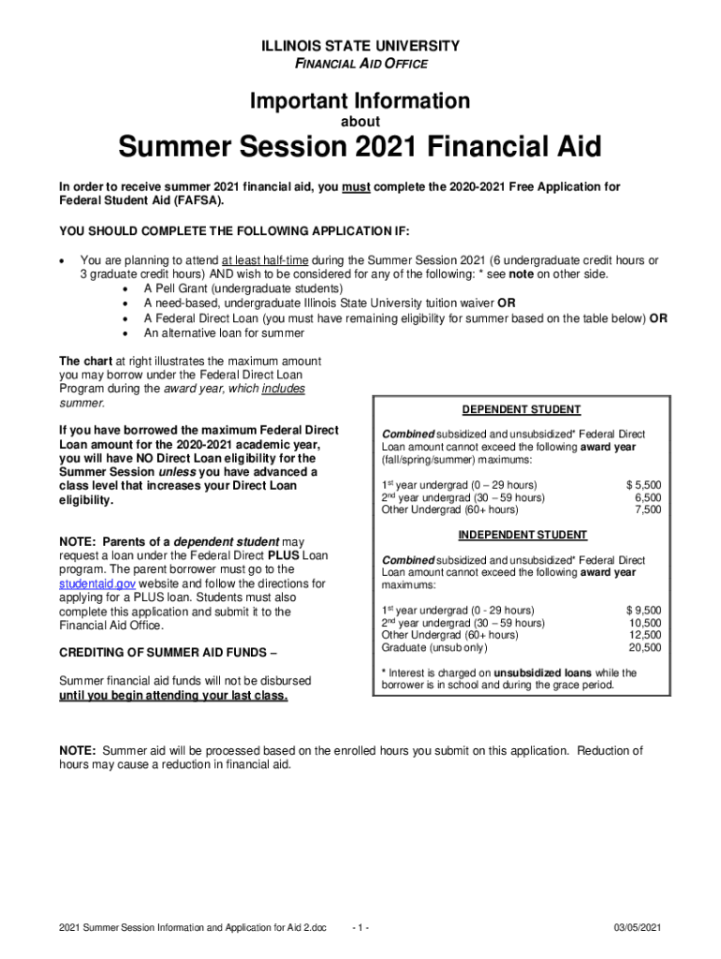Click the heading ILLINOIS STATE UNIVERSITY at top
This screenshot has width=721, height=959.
pyautogui.click(x=360, y=46)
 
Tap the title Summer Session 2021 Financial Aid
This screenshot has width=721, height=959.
pyautogui.click(x=360, y=148)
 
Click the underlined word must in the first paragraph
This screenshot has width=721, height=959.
pyautogui.click(x=356, y=187)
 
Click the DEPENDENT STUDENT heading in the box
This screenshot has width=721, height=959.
pyautogui.click(x=522, y=410)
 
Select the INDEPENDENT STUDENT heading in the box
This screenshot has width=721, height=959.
pyautogui.click(x=522, y=536)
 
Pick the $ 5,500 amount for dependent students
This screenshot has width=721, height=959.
pyautogui.click(x=643, y=484)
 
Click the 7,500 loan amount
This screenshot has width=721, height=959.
pyautogui.click(x=648, y=510)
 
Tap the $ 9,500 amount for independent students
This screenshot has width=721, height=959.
pyautogui.click(x=643, y=611)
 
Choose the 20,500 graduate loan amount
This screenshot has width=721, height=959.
pyautogui.click(x=645, y=648)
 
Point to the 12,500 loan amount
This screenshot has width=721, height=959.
pyautogui.click(x=645, y=635)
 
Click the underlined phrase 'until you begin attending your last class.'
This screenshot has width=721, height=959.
pyautogui.click(x=173, y=696)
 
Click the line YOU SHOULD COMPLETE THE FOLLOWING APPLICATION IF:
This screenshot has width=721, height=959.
pyautogui.click(x=234, y=231)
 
